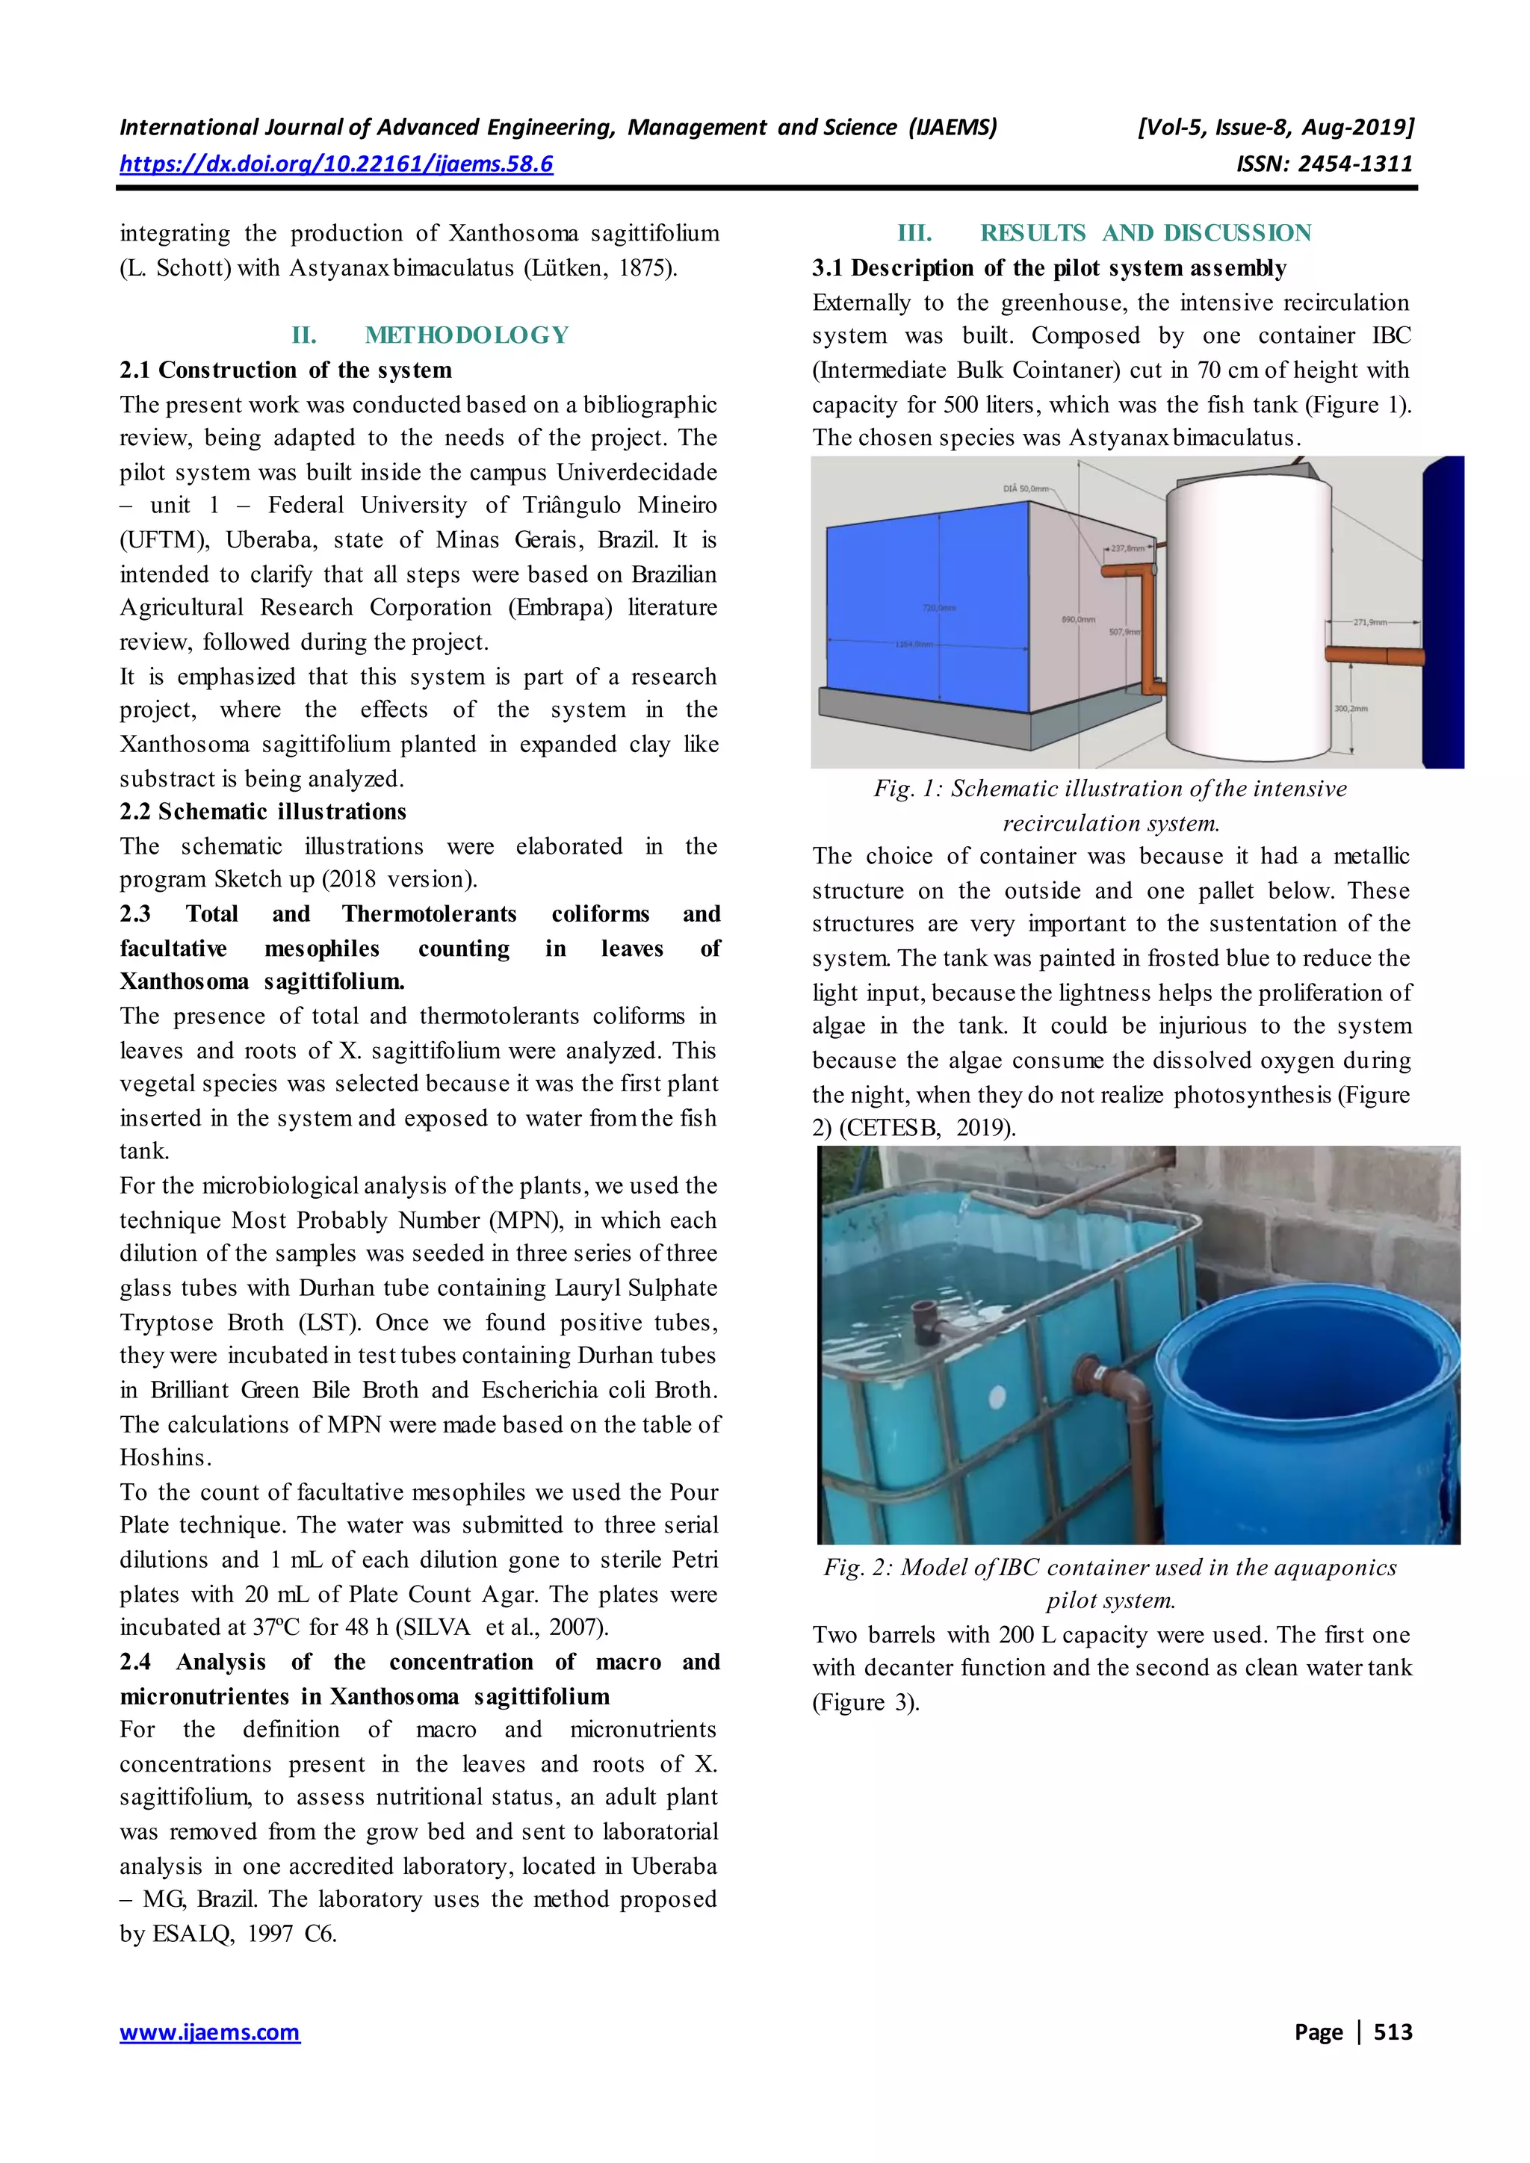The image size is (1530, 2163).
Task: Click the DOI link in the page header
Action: [x=335, y=164]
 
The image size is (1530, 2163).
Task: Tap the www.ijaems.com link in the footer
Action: [x=209, y=2032]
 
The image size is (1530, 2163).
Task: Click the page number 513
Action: [x=1393, y=2032]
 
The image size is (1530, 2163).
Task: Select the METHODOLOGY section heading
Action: [x=466, y=335]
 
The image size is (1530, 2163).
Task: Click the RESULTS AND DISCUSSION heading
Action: [x=1145, y=233]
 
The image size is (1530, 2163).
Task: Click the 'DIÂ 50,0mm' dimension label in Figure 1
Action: [x=1026, y=489]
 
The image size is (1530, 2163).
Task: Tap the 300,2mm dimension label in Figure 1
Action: [x=1350, y=707]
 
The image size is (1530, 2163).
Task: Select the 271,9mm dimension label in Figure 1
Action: [x=1370, y=623]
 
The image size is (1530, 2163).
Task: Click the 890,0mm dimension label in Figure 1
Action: [x=1079, y=620]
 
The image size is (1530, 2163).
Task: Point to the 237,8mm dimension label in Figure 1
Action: [x=1128, y=548]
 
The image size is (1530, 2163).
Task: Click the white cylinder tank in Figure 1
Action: [x=1248, y=612]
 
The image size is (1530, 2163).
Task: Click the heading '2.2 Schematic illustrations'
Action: [x=263, y=811]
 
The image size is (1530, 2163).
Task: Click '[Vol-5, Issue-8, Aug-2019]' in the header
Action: [x=1276, y=127]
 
